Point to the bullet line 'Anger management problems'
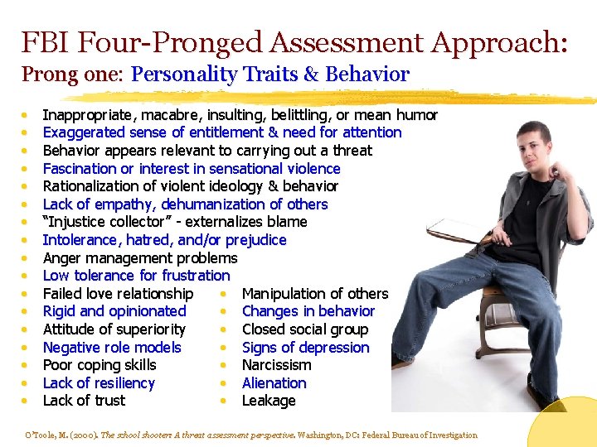139,257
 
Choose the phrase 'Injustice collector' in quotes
107,222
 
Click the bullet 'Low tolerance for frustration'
136,276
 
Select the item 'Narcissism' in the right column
276,365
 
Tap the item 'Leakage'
268,401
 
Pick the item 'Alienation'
274,383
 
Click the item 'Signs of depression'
305,348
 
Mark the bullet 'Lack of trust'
84,401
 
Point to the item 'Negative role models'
111,348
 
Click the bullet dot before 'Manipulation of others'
225,294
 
